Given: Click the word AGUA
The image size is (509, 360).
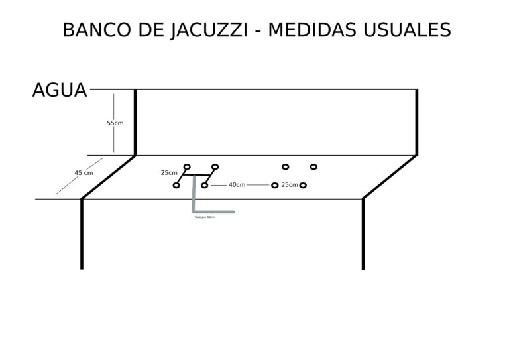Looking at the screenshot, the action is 60,90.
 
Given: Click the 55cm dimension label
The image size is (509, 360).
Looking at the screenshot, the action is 115,123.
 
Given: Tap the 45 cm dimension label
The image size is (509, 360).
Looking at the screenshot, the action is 84,173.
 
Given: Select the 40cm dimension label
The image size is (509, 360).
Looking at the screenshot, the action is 237,185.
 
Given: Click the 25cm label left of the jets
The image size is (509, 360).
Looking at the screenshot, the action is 168,173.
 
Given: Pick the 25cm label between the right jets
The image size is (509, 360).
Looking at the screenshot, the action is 289,185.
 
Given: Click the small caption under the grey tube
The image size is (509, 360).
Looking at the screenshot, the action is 205,217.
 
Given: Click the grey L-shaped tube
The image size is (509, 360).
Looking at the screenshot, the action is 194,199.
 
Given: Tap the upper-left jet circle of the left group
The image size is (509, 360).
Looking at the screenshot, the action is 187,166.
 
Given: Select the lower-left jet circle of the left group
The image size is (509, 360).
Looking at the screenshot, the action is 176,185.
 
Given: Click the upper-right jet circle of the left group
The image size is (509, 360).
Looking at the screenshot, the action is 215,166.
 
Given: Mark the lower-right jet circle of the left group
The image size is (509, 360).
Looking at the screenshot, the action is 205,185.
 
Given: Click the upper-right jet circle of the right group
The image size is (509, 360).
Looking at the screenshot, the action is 313,166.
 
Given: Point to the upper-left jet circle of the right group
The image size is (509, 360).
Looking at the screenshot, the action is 286,166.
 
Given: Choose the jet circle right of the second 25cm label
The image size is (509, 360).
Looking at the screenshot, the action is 303,185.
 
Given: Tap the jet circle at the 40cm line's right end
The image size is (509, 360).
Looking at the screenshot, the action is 274,185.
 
